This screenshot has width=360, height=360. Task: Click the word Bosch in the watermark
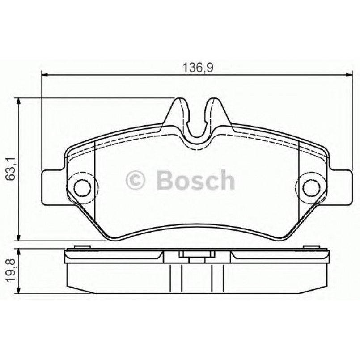click(195, 181)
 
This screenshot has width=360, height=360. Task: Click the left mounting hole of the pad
click(81, 187)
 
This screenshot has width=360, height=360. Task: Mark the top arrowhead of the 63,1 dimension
click(19, 102)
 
